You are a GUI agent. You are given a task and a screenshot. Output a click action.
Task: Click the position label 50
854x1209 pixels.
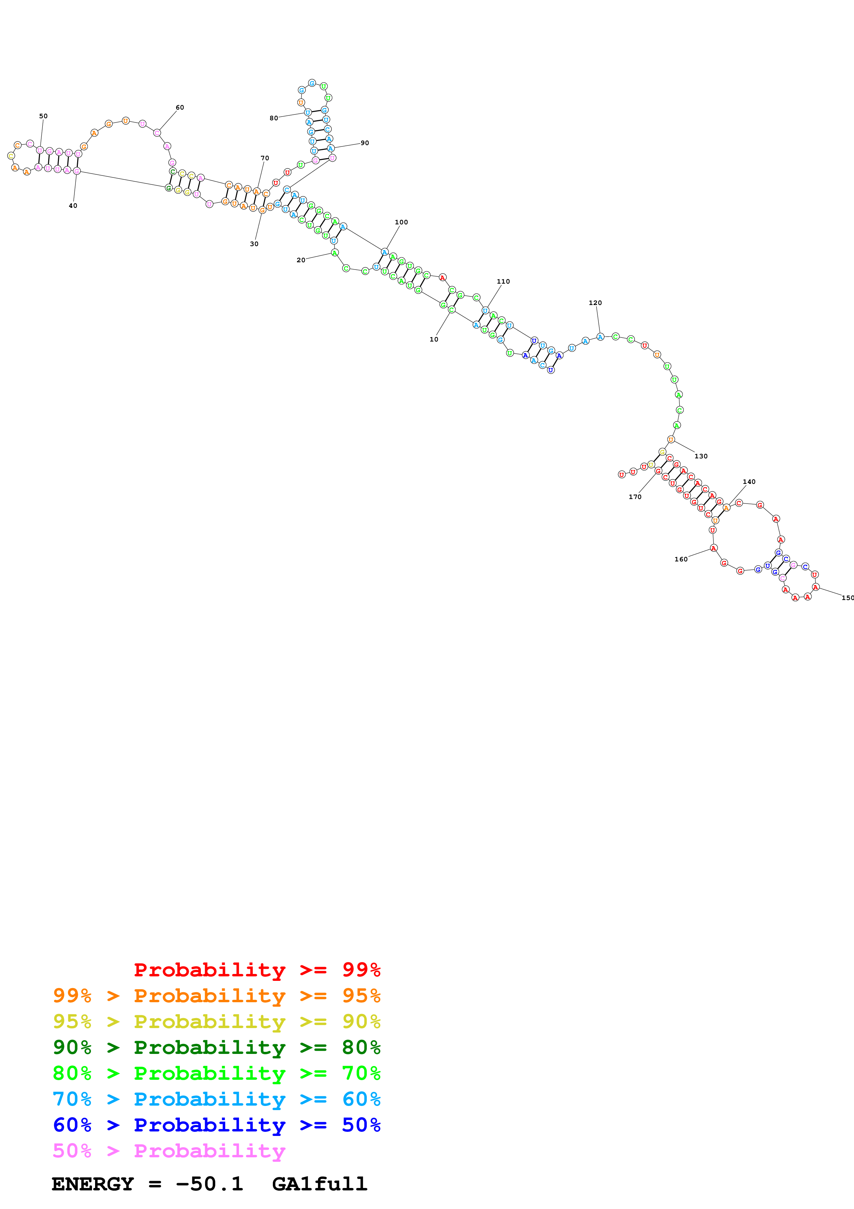[x=43, y=116]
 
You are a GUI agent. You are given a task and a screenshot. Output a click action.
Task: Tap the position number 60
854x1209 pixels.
[x=180, y=108]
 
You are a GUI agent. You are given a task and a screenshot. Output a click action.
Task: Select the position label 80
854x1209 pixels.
[x=274, y=118]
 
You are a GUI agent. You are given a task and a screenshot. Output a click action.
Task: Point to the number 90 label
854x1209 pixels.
[x=365, y=143]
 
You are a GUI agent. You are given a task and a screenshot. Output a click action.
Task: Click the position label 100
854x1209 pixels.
[x=401, y=222]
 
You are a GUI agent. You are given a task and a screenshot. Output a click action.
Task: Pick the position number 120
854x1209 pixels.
[x=595, y=303]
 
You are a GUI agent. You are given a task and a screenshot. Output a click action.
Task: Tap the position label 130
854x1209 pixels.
[x=701, y=456]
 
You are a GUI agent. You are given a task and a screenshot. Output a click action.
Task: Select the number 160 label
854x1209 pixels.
[x=681, y=559]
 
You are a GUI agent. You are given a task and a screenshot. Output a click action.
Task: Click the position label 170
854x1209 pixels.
[x=635, y=497]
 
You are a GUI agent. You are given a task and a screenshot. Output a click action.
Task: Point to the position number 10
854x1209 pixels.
[x=434, y=339]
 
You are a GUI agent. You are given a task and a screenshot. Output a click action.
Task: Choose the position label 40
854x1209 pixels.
[x=73, y=206]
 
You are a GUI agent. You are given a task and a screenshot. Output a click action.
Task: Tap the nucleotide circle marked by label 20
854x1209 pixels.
[x=335, y=253]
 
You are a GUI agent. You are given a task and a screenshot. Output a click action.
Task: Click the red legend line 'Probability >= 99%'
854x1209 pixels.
[x=257, y=969]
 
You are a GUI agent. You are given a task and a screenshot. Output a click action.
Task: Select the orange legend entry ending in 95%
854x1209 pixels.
[x=216, y=996]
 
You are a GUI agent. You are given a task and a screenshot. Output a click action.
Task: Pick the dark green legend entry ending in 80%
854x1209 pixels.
[x=216, y=1047]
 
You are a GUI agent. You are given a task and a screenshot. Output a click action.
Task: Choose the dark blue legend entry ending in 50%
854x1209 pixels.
[x=216, y=1125]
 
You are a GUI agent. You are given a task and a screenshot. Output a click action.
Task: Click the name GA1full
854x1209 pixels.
[x=319, y=1184]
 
